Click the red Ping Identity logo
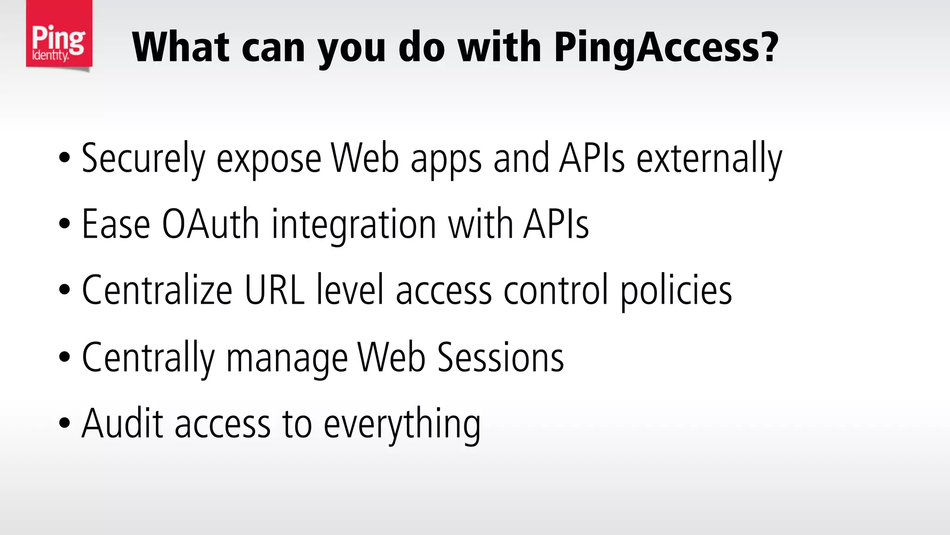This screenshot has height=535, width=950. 59,34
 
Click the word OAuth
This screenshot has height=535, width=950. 210,224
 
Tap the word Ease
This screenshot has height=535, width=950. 116,224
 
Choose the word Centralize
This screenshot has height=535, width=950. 157,290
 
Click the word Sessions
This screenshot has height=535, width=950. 501,357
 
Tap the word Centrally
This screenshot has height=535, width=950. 148,358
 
